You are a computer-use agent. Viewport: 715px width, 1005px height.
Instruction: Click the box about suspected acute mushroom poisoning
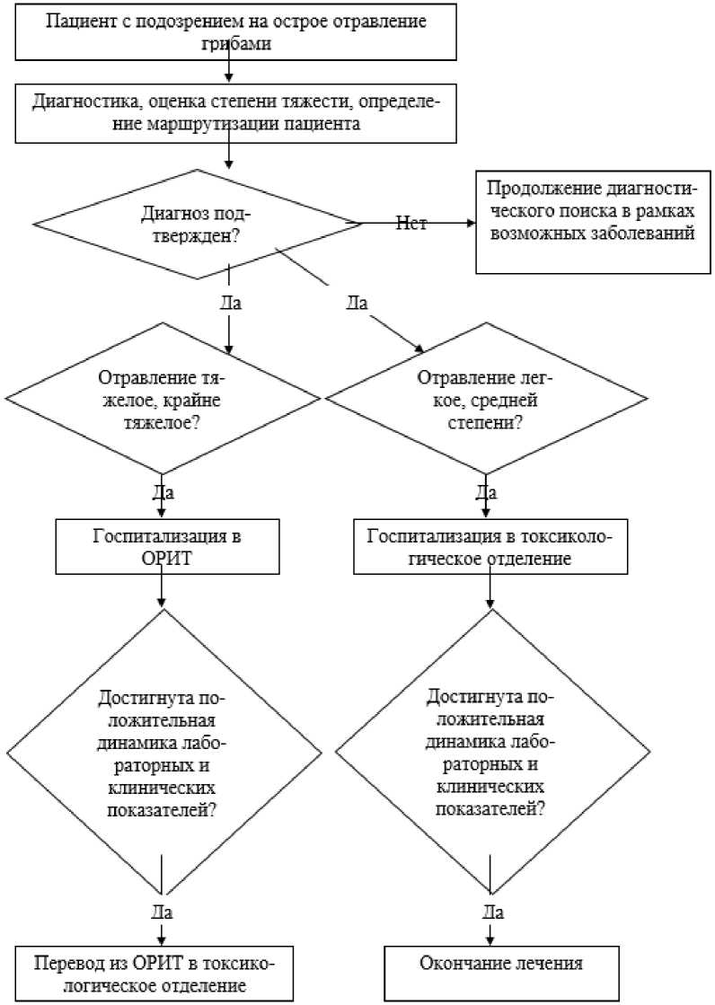(236, 32)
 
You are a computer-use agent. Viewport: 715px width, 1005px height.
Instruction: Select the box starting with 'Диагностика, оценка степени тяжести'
(236, 113)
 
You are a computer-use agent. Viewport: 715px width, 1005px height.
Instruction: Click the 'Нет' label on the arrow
(411, 223)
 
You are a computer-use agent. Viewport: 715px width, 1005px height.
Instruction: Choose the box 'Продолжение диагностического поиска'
(593, 223)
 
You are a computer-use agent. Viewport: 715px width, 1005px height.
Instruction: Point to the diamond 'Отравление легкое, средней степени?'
(485, 400)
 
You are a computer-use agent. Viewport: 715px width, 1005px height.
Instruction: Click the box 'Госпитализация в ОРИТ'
(167, 546)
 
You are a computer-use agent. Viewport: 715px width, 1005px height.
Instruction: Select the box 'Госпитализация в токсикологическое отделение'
(490, 546)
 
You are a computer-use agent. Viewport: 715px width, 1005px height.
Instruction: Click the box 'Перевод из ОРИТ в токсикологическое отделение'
(154, 974)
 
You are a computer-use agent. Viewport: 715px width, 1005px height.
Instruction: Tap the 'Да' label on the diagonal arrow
(357, 302)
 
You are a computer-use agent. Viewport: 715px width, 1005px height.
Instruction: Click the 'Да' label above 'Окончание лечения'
(492, 911)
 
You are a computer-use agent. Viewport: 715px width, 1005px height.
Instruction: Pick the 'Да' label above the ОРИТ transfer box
(163, 911)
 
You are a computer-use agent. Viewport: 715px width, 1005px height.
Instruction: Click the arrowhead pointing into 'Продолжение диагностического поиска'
(472, 223)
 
